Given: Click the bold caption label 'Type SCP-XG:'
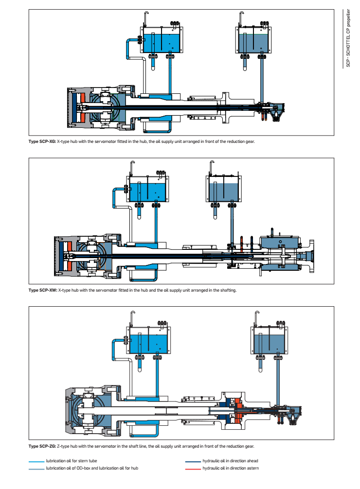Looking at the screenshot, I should point(42,142).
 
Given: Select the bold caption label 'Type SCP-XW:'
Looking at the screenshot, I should point(43,291).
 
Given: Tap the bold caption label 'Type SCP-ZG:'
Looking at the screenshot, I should point(42,446).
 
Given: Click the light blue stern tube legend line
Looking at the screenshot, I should point(36,461).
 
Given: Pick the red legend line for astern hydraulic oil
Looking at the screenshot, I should point(193,469).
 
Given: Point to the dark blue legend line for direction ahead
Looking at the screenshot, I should point(193,461).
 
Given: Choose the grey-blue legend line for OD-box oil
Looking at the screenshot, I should point(36,469).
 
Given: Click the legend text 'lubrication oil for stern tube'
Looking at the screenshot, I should point(67,461).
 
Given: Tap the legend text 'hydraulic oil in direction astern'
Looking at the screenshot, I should point(230,469).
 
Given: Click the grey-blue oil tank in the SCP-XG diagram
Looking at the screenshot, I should point(254,43).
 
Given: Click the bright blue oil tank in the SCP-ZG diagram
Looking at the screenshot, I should point(149,343).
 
